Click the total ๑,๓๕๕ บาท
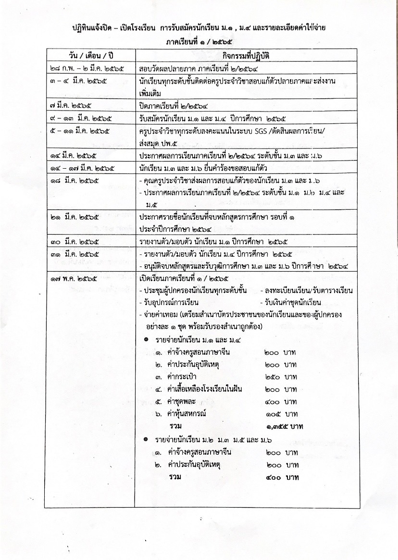[284, 426]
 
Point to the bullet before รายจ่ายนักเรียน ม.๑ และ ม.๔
[146, 340]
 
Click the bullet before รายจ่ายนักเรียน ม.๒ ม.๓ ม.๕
[146, 439]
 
